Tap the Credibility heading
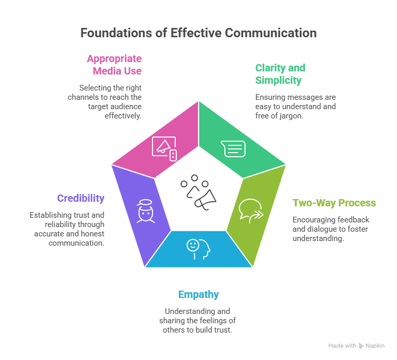tap(81, 198)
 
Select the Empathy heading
tap(198, 294)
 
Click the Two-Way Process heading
tap(334, 203)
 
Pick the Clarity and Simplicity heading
tap(280, 74)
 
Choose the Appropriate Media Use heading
tap(114, 65)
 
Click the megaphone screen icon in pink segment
tap(164, 147)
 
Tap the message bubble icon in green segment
tap(233, 148)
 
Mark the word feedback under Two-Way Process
tap(353, 219)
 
